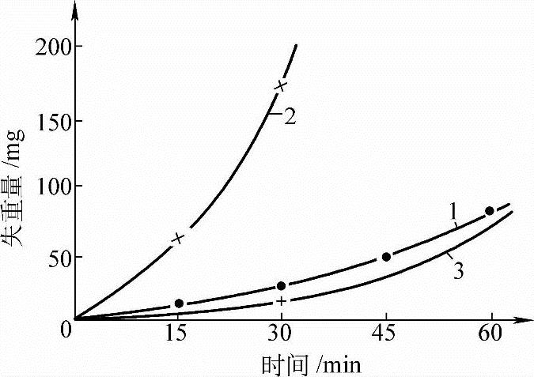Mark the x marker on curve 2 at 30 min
tap(280, 85)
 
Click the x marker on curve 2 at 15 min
tap(179, 238)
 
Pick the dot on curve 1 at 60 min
tap(490, 211)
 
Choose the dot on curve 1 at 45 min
tap(386, 257)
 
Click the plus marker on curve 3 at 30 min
tap(281, 301)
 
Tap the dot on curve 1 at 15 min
tap(179, 303)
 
